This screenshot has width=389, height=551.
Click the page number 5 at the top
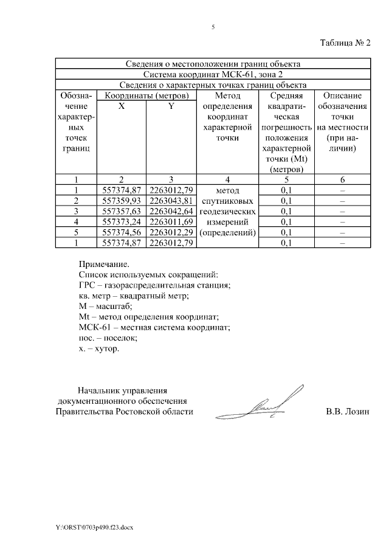pyautogui.click(x=213, y=27)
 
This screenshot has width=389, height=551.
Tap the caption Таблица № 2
pyautogui.click(x=345, y=43)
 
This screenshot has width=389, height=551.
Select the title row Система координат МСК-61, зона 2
pyautogui.click(x=213, y=74)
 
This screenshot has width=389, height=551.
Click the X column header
pyautogui.click(x=122, y=106)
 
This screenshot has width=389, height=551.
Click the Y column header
pyautogui.click(x=171, y=106)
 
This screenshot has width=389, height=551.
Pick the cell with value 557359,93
pyautogui.click(x=122, y=200)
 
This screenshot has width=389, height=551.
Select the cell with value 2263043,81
pyautogui.click(x=171, y=200)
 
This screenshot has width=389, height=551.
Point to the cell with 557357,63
pyautogui.click(x=122, y=211)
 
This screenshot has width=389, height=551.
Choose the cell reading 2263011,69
pyautogui.click(x=171, y=221)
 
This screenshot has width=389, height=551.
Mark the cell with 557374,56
pyautogui.click(x=122, y=232)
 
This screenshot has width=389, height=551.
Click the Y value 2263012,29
pyautogui.click(x=171, y=232)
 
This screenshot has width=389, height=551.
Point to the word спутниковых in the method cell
pyautogui.click(x=227, y=200)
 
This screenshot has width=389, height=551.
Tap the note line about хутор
pyautogui.click(x=99, y=349)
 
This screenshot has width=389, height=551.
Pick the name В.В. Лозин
pyautogui.click(x=347, y=412)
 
